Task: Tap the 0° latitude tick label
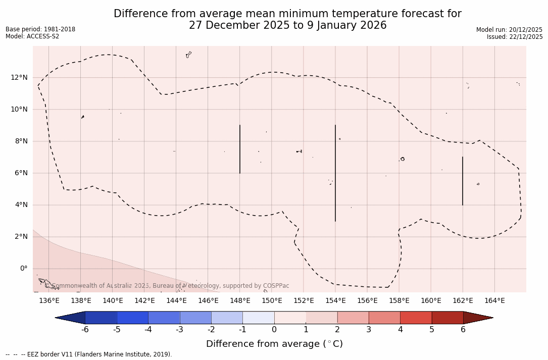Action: (23, 269)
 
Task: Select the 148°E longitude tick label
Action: (240, 300)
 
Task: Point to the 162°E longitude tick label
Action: (463, 300)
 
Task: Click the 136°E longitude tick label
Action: (49, 300)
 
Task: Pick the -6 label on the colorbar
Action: (85, 330)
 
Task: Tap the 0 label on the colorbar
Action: (274, 330)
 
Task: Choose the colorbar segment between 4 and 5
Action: (416, 318)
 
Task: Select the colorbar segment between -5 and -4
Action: (132, 318)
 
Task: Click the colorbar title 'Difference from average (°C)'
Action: (274, 344)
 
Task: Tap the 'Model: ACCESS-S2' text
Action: (32, 36)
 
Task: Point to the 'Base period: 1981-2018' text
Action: (40, 29)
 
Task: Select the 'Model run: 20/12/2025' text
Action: (509, 30)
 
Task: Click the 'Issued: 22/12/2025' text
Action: (515, 37)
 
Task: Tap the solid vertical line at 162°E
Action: (463, 181)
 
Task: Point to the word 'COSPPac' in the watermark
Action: (276, 286)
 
